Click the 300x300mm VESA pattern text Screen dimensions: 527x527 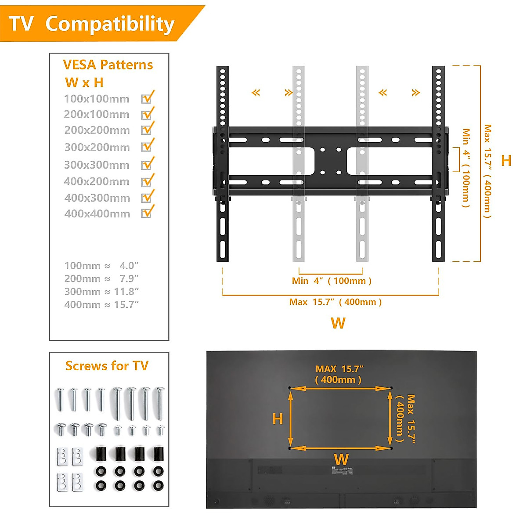point(97,165)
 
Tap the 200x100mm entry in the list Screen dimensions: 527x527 point(97,115)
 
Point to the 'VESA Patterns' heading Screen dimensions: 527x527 point(108,65)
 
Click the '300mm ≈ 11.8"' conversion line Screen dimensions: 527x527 point(101,292)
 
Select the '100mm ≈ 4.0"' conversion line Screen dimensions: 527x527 point(101,266)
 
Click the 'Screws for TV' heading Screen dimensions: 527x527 point(107,366)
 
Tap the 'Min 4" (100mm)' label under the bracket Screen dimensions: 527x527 point(332,281)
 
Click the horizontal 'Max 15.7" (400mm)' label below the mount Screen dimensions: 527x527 point(335,302)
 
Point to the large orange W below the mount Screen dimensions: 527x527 point(338,323)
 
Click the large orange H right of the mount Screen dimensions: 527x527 point(506,160)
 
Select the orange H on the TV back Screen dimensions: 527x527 point(278,419)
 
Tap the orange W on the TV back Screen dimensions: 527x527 point(341,459)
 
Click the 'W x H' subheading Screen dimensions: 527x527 point(84,83)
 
